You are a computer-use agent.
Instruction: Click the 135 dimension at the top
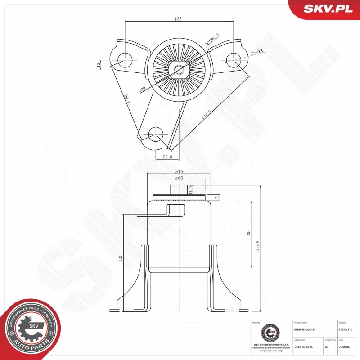pyautogui.click(x=179, y=19)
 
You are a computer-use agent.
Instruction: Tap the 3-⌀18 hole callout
pyautogui.click(x=257, y=52)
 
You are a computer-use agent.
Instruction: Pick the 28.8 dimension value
pyautogui.click(x=167, y=157)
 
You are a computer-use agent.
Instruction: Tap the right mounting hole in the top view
pyautogui.click(x=234, y=58)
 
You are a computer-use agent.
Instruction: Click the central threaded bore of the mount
pyautogui.click(x=179, y=69)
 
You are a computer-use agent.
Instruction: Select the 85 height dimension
pyautogui.click(x=249, y=233)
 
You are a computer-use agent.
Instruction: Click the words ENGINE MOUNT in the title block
pyautogui.click(x=304, y=330)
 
